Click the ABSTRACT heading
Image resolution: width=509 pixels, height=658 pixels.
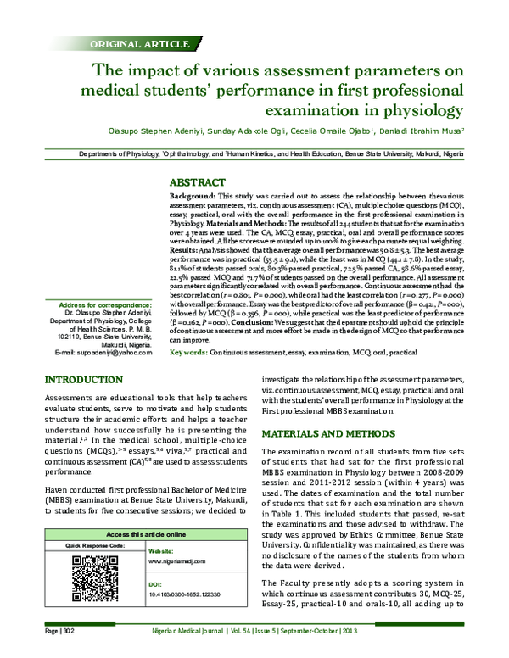point(198,181)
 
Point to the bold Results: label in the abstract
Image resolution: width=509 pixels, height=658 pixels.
point(187,252)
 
